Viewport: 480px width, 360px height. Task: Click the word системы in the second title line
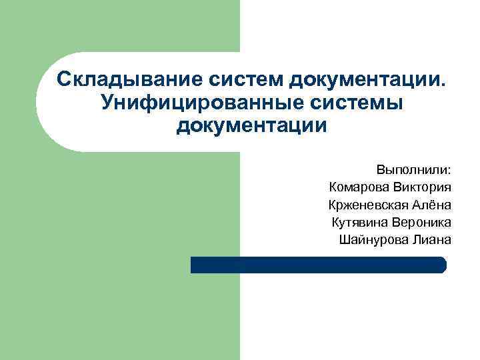(351, 103)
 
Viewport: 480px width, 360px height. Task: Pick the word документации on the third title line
(252, 125)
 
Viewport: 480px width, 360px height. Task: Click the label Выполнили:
(413, 168)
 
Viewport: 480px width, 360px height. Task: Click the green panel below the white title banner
(120, 253)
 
